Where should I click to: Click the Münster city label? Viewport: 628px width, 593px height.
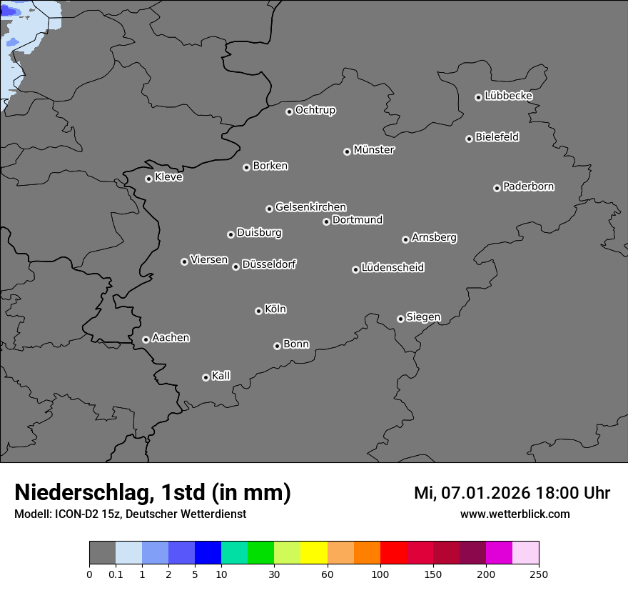pyautogui.click(x=374, y=150)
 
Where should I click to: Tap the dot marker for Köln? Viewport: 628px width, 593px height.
pyautogui.click(x=258, y=311)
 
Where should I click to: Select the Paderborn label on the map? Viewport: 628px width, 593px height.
pyautogui.click(x=529, y=186)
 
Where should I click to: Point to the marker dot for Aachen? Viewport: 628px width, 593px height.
pyautogui.click(x=146, y=339)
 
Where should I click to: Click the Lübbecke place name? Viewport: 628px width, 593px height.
pyautogui.click(x=509, y=96)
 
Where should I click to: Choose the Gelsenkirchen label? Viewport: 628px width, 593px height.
pyautogui.click(x=310, y=207)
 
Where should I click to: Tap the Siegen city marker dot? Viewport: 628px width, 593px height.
pyautogui.click(x=400, y=319)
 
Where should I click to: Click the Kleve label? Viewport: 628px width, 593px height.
pyautogui.click(x=169, y=177)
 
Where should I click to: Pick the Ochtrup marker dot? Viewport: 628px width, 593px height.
pyautogui.click(x=289, y=111)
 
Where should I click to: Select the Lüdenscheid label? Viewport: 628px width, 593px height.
pyautogui.click(x=393, y=268)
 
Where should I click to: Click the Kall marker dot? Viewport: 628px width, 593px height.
pyautogui.click(x=206, y=377)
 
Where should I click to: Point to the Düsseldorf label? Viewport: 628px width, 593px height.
pyautogui.click(x=269, y=264)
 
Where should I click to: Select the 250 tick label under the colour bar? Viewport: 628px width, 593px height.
pyautogui.click(x=539, y=574)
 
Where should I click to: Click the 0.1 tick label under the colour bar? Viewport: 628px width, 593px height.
pyautogui.click(x=116, y=574)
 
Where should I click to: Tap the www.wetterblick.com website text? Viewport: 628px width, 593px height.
pyautogui.click(x=515, y=514)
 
